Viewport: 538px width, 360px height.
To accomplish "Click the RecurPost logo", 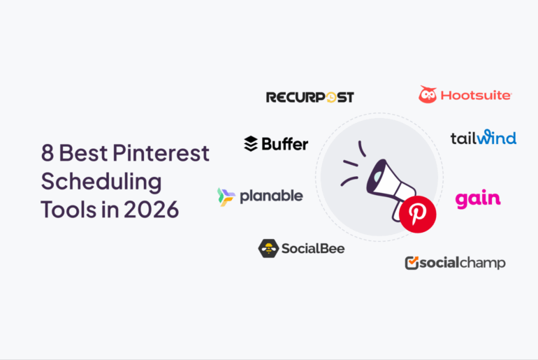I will tap(310, 97).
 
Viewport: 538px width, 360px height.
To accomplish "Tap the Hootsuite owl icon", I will tap(428, 94).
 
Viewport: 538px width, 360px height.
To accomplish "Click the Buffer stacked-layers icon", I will tap(251, 144).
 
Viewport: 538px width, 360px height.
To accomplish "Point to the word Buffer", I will tap(284, 144).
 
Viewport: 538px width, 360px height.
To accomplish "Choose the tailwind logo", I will tap(483, 137).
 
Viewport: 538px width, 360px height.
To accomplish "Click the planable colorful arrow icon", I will tap(226, 196).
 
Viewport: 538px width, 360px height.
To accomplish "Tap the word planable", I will tap(271, 196).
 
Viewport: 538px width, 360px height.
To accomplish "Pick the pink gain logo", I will tap(478, 199).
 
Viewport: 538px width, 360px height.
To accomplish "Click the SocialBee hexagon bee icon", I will tap(268, 248).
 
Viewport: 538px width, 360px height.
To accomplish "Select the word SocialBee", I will tap(312, 248).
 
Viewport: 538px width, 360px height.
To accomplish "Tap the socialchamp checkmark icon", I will tap(412, 263).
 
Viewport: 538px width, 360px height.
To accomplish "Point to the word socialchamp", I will tap(462, 263).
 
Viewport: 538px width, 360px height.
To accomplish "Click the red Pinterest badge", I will tap(419, 215).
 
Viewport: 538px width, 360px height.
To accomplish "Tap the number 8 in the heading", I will tap(48, 152).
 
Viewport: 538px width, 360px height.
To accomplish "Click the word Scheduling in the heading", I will tap(101, 182).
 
